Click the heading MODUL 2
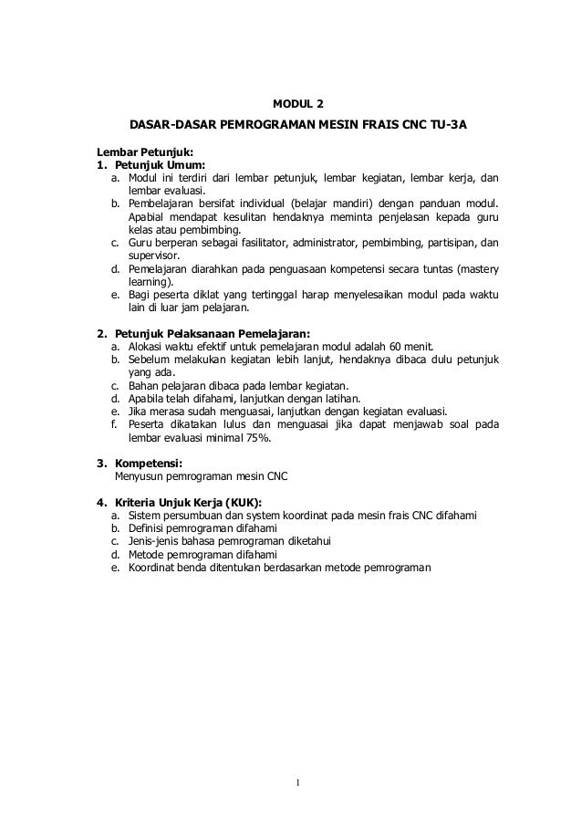pyautogui.click(x=299, y=101)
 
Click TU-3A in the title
pyautogui.click(x=447, y=121)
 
